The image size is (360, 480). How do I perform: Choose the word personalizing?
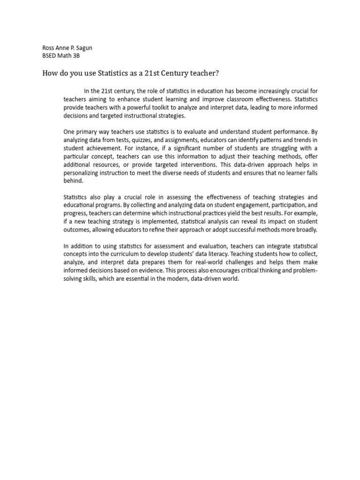(x=82, y=173)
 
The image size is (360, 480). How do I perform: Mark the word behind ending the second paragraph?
(x=73, y=181)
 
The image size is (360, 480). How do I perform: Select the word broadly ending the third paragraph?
(x=307, y=230)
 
